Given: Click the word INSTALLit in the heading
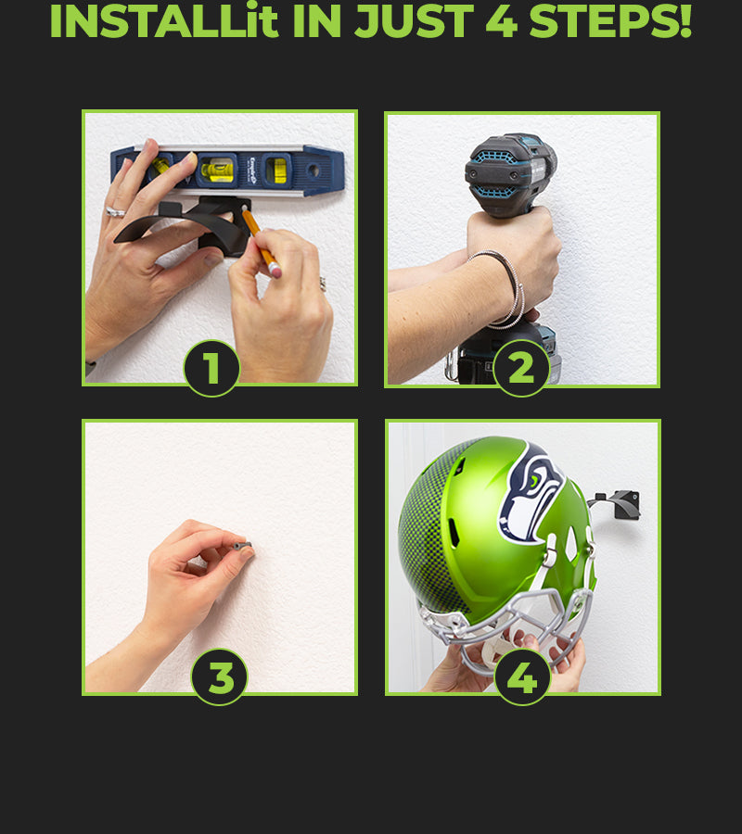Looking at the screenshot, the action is tap(164, 21).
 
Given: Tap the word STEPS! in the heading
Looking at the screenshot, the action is tap(610, 21).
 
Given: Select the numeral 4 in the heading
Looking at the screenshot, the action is tap(502, 21).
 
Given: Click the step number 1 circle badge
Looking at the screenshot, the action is tap(211, 368).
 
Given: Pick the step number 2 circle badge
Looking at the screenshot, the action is tap(521, 368).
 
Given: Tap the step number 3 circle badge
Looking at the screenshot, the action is tap(219, 677).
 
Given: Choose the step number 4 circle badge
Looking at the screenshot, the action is tap(522, 677).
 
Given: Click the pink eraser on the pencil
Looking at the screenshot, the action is tap(275, 271).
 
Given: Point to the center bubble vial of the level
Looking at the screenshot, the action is tap(217, 171).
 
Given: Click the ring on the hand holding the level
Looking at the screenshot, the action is tap(115, 212).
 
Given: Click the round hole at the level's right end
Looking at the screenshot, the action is tap(313, 171).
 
